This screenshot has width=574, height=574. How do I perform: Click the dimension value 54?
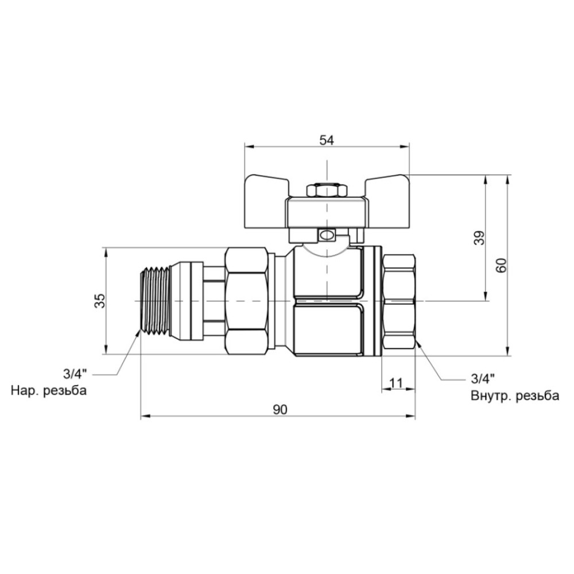pyautogui.click(x=327, y=140)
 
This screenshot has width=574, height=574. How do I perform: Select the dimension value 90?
pyautogui.click(x=280, y=410)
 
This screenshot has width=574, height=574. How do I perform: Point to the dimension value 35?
pyautogui.click(x=100, y=301)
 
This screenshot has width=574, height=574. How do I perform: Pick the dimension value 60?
pyautogui.click(x=502, y=265)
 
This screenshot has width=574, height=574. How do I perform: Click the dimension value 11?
pyautogui.click(x=395, y=383)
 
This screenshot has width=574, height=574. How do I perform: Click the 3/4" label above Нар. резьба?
pyautogui.click(x=75, y=374)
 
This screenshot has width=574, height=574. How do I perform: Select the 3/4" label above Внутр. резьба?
pyautogui.click(x=483, y=379)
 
